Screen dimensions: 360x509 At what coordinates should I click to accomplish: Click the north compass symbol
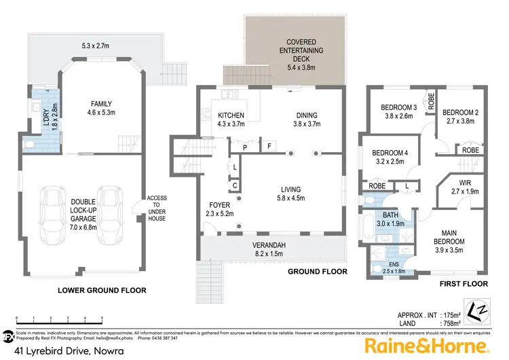[x=479, y=308]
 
